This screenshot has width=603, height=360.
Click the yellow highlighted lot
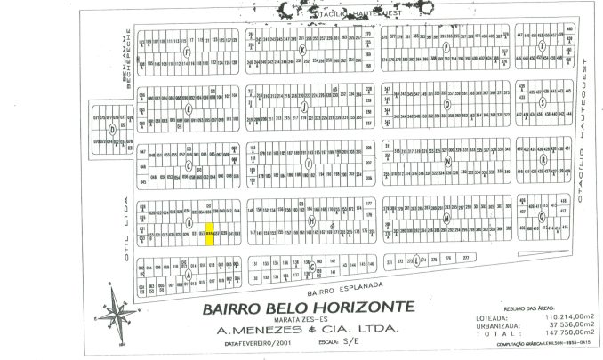pos(210,236)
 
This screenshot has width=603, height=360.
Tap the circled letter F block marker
pos(187,52)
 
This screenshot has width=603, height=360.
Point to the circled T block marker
pos(542,46)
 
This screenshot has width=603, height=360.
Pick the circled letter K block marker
pos(302,51)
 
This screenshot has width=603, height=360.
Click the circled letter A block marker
pos(189,275)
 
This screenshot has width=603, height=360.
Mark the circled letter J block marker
pos(305,107)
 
